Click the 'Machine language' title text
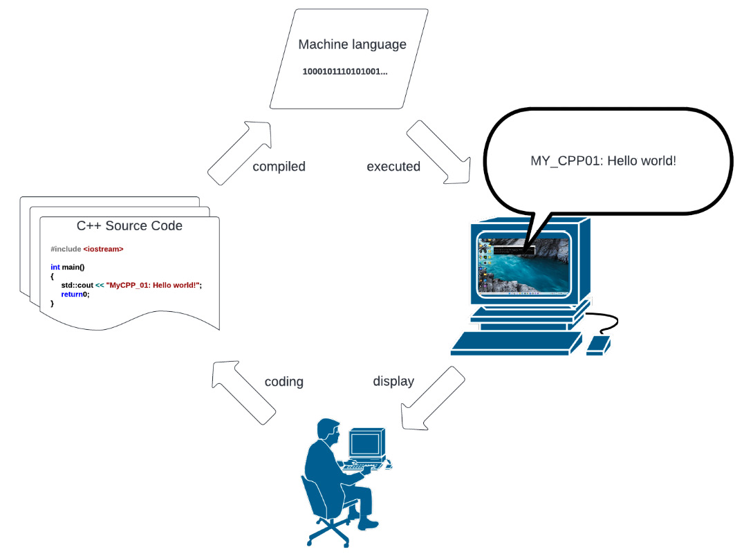click(x=352, y=45)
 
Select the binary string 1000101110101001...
click(x=345, y=72)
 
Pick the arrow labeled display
click(x=432, y=398)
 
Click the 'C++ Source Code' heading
click(x=129, y=226)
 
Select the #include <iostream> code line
click(x=87, y=249)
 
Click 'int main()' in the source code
click(x=67, y=267)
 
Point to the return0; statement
click(x=75, y=294)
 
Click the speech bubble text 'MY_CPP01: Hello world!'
click(x=602, y=160)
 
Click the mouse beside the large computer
click(x=598, y=344)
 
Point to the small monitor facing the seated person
click(x=366, y=444)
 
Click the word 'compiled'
click(x=279, y=167)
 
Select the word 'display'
click(x=393, y=381)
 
